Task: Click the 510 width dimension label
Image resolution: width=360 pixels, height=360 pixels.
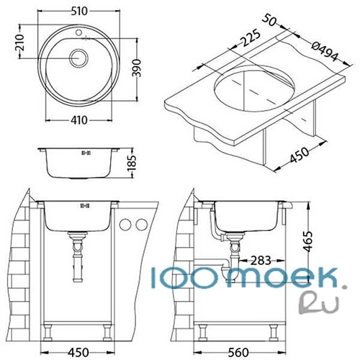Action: pyautogui.click(x=79, y=12)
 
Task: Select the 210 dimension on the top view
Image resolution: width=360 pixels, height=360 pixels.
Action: pyautogui.click(x=19, y=42)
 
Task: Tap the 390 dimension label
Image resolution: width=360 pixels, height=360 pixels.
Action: pyautogui.click(x=137, y=68)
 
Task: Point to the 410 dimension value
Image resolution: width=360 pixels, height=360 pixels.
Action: pyautogui.click(x=79, y=120)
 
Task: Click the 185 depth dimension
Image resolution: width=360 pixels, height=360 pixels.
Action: pyautogui.click(x=132, y=163)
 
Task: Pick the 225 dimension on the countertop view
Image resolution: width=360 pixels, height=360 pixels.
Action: pyautogui.click(x=251, y=37)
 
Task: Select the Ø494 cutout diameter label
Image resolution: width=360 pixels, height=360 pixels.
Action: pyautogui.click(x=325, y=51)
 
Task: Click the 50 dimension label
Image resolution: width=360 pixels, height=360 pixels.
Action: pyautogui.click(x=269, y=20)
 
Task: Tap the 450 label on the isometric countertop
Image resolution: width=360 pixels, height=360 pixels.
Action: pyautogui.click(x=299, y=155)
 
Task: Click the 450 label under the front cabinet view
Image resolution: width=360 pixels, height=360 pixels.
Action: pyautogui.click(x=78, y=352)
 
